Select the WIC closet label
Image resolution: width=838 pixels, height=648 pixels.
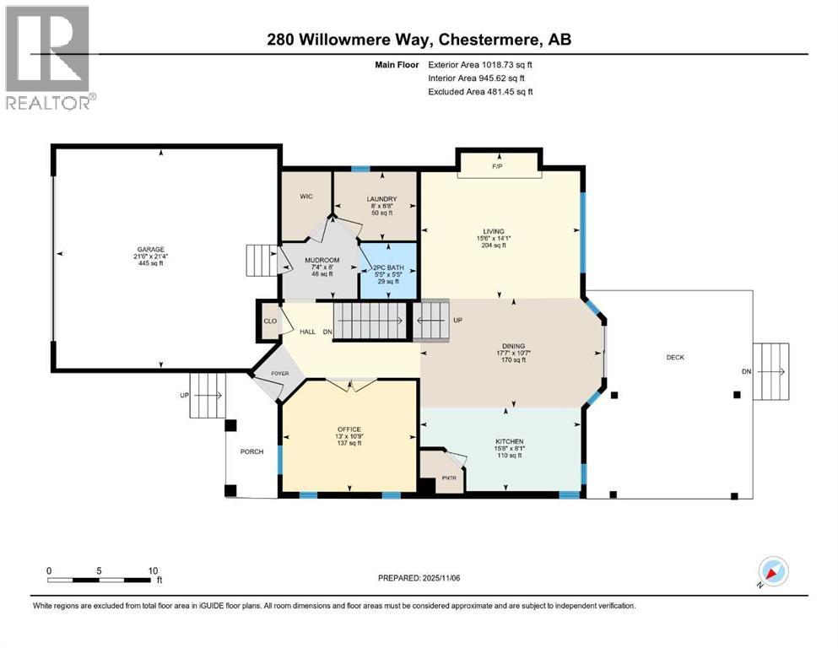tap(306, 196)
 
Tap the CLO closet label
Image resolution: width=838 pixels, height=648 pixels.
tap(270, 321)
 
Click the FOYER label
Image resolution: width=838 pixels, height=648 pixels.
tap(279, 372)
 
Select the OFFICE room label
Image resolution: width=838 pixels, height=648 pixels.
tap(349, 429)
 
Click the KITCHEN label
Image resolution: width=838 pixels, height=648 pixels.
tap(510, 441)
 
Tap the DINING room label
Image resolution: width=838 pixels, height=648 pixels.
tap(513, 346)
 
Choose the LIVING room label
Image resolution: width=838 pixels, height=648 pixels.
tap(494, 231)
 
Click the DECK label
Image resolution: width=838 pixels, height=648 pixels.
tap(675, 357)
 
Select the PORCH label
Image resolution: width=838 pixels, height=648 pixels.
tap(252, 451)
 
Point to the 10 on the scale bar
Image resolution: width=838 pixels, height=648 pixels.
tap(153, 570)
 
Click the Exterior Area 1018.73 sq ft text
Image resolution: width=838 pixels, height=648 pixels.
tap(480, 64)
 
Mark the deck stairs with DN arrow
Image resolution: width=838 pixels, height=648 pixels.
tap(770, 371)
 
